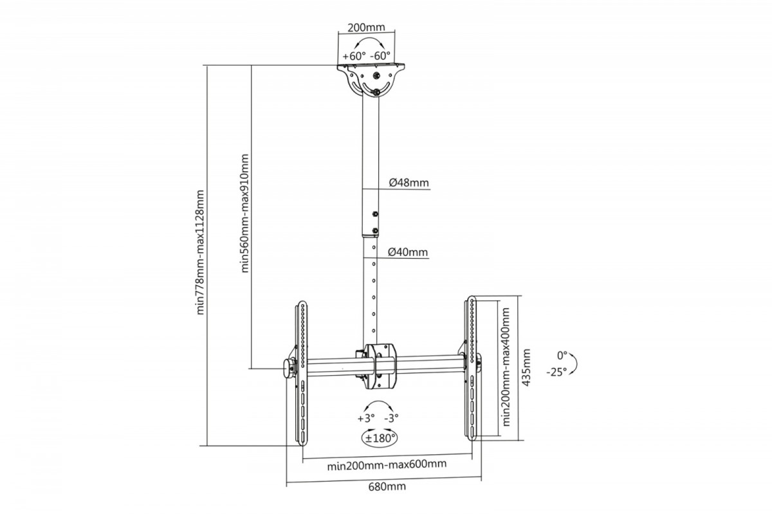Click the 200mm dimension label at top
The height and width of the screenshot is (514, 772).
pyautogui.click(x=365, y=28)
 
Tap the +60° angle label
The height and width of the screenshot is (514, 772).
pyautogui.click(x=354, y=56)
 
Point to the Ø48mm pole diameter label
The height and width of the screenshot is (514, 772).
pyautogui.click(x=409, y=183)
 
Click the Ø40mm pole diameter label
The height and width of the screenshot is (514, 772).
pyautogui.click(x=409, y=252)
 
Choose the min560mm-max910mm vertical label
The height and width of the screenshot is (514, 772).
pyautogui.click(x=244, y=214)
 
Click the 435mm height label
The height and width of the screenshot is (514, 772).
pyautogui.click(x=527, y=367)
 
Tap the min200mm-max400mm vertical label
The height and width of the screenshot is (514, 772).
pyautogui.click(x=506, y=367)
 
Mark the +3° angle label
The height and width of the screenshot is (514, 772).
pyautogui.click(x=365, y=418)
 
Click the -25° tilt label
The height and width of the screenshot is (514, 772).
pyautogui.click(x=556, y=372)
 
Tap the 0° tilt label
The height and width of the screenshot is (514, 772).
pyautogui.click(x=562, y=355)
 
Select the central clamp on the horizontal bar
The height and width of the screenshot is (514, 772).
pyautogui.click(x=377, y=366)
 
